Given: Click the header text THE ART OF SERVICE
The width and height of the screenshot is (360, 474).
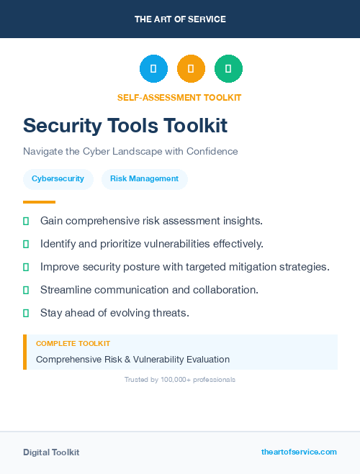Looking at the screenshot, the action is coord(180,19).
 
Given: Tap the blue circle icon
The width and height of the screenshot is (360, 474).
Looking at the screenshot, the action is coord(153,69).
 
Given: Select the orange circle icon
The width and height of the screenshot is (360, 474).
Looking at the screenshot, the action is coord(191,69).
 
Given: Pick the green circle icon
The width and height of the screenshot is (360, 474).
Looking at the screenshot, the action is coord(228,69).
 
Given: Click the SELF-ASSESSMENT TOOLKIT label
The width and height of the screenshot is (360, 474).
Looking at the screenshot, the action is coord(179,97).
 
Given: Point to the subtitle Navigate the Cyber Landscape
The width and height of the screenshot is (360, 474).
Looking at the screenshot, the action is coord(130,152).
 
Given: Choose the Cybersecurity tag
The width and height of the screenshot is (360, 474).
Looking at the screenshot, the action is coord(58,179).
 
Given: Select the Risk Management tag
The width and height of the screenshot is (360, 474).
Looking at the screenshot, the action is coord(144,179).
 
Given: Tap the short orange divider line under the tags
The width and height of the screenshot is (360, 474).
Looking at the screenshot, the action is coord(39,202).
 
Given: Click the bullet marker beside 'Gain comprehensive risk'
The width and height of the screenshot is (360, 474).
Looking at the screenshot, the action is coord(26,221).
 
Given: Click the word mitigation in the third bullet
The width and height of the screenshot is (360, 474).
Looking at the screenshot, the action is coord(257,267).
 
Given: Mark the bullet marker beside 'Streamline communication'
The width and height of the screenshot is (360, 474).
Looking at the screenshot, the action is coord(26,290).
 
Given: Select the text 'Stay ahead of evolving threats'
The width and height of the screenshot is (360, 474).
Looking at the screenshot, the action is coord(114,313).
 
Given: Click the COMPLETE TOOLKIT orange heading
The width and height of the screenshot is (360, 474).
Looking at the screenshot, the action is coord(73,344).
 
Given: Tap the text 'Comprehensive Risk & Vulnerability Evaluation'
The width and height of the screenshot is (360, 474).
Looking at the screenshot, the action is coord(132,359).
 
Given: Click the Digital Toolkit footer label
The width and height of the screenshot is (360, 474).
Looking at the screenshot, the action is coord(51,452).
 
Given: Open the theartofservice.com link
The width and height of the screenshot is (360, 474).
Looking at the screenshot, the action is coord(299,452).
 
